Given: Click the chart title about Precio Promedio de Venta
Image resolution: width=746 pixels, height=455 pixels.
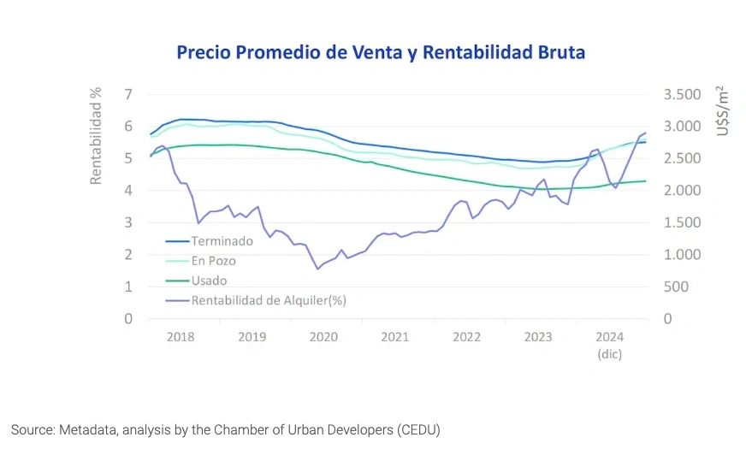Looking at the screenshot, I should pyautogui.click(x=381, y=52).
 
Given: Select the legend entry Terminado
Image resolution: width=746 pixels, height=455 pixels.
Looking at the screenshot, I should pyautogui.click(x=222, y=241).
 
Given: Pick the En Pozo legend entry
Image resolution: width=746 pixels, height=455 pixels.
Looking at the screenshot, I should pyautogui.click(x=213, y=260).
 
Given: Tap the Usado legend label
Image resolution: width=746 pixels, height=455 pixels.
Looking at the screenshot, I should pyautogui.click(x=210, y=280).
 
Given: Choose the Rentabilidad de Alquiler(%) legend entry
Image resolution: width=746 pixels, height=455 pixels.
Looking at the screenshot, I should pyautogui.click(x=269, y=300).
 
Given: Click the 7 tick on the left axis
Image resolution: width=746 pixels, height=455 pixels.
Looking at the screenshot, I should pyautogui.click(x=128, y=94).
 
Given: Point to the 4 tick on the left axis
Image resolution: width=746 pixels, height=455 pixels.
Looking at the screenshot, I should pyautogui.click(x=128, y=191).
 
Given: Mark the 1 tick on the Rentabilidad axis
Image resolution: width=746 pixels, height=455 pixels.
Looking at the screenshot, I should pyautogui.click(x=128, y=287).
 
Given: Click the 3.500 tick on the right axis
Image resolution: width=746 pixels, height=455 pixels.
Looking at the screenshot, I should pyautogui.click(x=682, y=94).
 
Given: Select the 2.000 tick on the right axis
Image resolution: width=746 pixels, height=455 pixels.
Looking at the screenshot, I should pyautogui.click(x=682, y=191).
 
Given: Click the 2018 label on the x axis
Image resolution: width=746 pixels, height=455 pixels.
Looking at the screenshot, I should pyautogui.click(x=181, y=337).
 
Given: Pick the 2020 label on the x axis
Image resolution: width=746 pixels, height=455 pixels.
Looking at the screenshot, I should pyautogui.click(x=323, y=337).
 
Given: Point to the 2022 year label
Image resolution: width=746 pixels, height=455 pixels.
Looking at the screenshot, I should pyautogui.click(x=467, y=337).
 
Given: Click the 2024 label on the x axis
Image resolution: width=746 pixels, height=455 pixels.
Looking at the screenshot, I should pyautogui.click(x=610, y=337).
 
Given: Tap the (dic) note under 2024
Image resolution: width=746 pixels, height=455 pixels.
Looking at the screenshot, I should pyautogui.click(x=610, y=353).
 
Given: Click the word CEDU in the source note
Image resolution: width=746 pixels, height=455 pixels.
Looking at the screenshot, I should pyautogui.click(x=416, y=429).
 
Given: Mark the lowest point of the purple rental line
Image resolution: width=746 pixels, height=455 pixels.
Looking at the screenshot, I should pyautogui.click(x=317, y=269).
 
